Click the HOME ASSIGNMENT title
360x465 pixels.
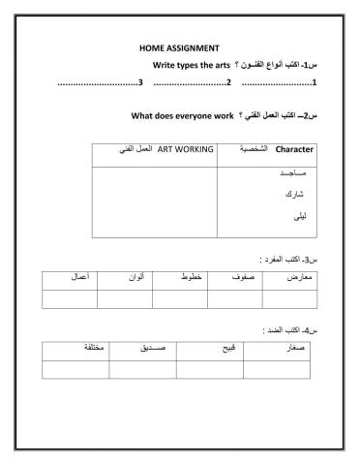179,47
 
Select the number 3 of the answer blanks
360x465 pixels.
142,81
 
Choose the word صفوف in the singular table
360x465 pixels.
241,278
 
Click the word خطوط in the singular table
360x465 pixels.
193,278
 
